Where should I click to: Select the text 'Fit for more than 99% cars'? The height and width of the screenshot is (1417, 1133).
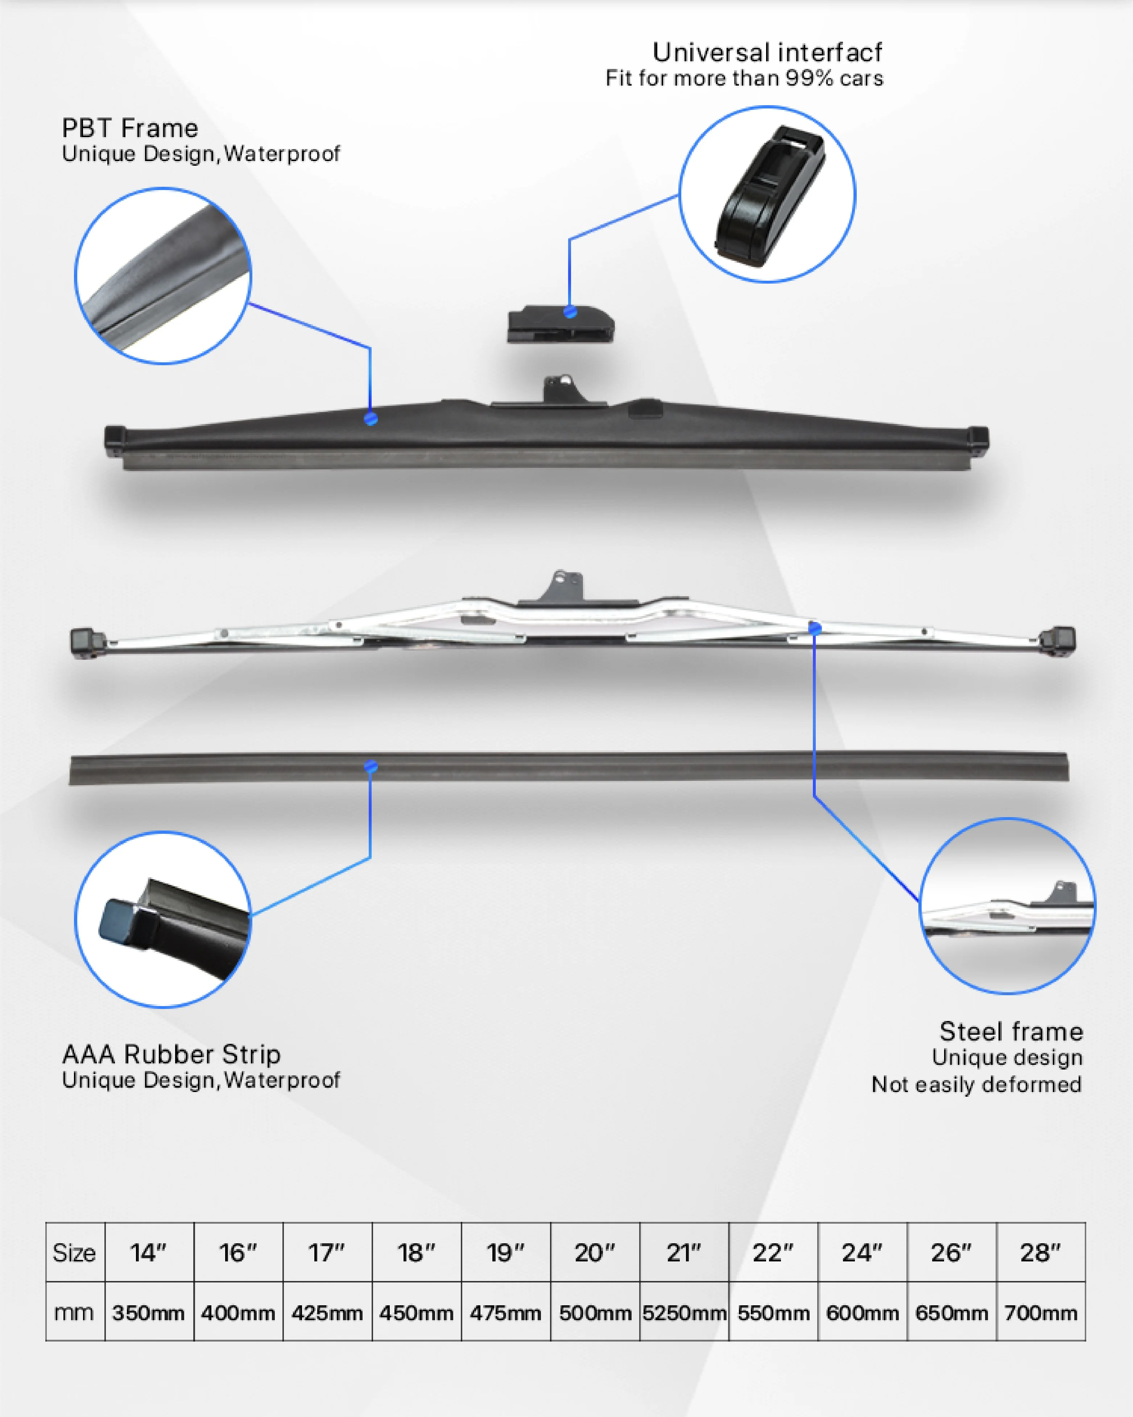pyautogui.click(x=744, y=79)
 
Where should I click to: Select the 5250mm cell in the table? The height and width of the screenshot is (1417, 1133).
pyautogui.click(x=684, y=1313)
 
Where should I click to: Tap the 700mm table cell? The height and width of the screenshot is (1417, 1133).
pyautogui.click(x=1040, y=1313)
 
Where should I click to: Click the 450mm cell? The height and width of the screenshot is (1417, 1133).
pyautogui.click(x=416, y=1313)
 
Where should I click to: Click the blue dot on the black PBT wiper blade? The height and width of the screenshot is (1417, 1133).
pyautogui.click(x=371, y=418)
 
